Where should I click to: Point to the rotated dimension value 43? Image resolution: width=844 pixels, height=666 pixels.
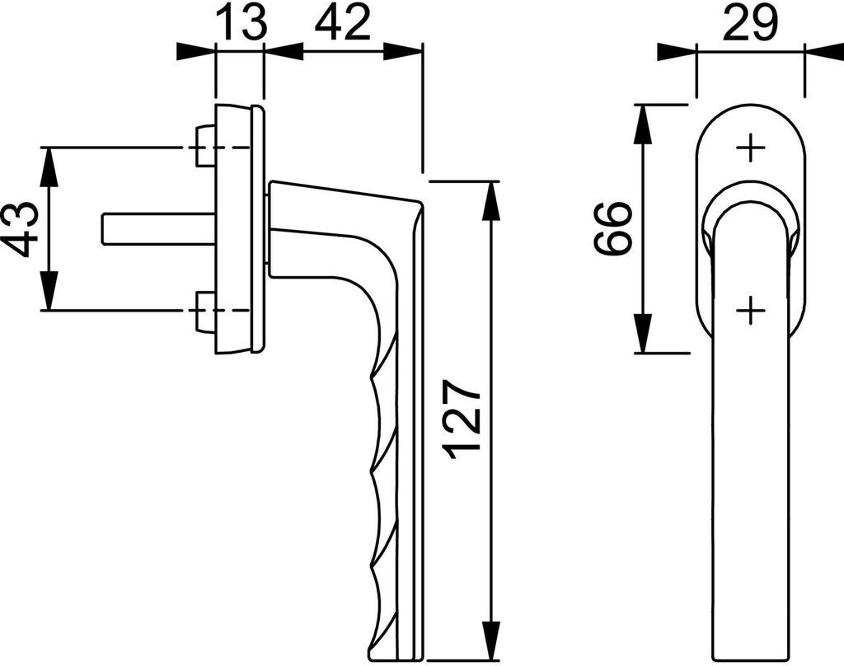(20, 228)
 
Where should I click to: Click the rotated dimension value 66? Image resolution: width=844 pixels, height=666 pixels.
(613, 228)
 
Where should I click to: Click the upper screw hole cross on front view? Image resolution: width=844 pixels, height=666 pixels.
(749, 148)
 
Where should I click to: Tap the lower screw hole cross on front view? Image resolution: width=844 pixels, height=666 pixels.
(749, 311)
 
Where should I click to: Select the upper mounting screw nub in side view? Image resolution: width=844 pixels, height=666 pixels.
(204, 147)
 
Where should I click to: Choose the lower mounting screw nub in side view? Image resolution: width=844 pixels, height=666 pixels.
(204, 311)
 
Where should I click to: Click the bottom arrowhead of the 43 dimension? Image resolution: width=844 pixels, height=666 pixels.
(50, 293)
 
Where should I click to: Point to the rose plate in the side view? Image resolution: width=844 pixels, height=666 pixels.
(239, 229)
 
